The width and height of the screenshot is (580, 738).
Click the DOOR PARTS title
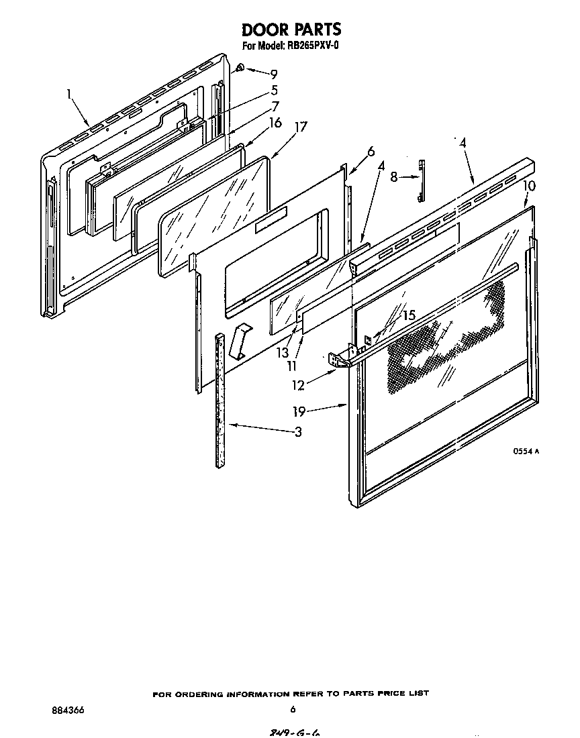coord(291,29)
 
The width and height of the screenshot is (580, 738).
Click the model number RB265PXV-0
coord(313,46)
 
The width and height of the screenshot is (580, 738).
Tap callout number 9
coord(273,74)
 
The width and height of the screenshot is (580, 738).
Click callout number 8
coord(394,177)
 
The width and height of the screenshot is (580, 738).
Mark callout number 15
coord(409,314)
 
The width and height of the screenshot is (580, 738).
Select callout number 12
coord(298,385)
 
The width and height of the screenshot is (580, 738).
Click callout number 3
coord(297,432)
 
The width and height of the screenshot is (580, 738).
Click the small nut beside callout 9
coord(240,68)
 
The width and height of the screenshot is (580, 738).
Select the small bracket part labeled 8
coord(421,180)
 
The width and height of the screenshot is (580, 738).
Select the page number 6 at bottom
coord(293,709)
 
